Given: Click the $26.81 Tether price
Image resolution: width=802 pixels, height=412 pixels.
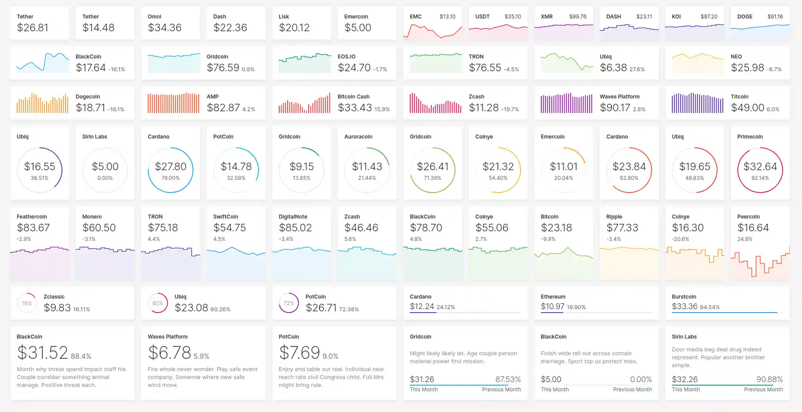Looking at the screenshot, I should [33, 28].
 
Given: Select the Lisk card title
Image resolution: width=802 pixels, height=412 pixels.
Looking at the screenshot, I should [284, 17].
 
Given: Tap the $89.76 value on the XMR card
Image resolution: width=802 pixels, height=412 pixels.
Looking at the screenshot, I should [577, 17].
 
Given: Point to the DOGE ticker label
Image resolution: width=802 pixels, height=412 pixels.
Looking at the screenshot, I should [744, 17].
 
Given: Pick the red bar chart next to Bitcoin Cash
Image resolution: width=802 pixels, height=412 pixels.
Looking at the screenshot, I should [304, 104].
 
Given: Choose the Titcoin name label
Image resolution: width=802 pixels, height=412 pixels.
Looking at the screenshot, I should [739, 97].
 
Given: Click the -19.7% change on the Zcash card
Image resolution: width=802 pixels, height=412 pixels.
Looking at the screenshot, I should [510, 109].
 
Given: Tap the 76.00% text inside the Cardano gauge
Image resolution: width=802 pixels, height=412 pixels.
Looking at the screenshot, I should [170, 178].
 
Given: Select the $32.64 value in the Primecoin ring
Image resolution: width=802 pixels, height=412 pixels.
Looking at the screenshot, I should [760, 167].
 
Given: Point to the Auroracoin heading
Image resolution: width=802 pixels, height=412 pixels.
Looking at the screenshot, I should [358, 137].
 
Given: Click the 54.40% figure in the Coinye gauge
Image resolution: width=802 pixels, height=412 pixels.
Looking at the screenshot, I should [498, 178].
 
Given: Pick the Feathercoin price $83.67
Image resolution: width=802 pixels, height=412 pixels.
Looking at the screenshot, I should [33, 228].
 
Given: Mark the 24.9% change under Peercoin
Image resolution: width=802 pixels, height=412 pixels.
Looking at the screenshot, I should [744, 239].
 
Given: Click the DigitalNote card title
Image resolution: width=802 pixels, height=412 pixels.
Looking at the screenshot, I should [293, 217].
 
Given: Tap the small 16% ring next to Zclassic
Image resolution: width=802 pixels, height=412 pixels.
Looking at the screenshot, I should [27, 303].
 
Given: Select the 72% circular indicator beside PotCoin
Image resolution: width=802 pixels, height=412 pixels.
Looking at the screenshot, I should [289, 303].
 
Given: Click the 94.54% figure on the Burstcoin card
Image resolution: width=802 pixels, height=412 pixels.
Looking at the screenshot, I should [710, 307].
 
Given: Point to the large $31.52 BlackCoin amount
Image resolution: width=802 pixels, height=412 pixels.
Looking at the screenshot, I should [43, 353].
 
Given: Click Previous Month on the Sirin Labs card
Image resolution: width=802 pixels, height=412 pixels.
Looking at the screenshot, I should [763, 390].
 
